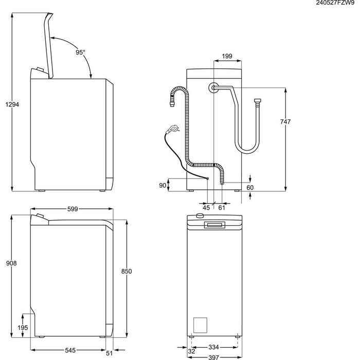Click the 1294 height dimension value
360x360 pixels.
pyautogui.click(x=12, y=104)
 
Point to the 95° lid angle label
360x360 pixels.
pyautogui.click(x=80, y=52)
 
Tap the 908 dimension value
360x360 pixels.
pyautogui.click(x=12, y=263)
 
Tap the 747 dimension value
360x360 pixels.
pyautogui.click(x=286, y=122)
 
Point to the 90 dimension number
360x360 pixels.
pyautogui.click(x=163, y=186)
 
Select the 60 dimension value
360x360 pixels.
pyautogui.click(x=250, y=188)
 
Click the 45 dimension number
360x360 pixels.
pyautogui.click(x=206, y=207)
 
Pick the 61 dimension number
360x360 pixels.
pyautogui.click(x=222, y=207)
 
